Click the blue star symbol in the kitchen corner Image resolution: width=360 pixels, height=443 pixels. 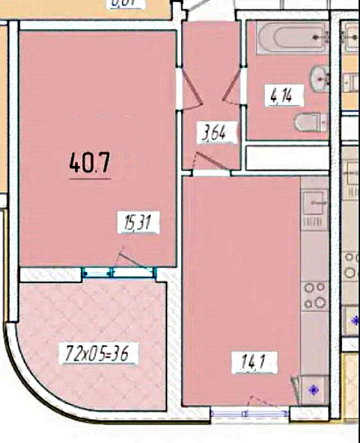(313, 389)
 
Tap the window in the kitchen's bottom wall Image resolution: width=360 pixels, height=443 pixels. (250, 414)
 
